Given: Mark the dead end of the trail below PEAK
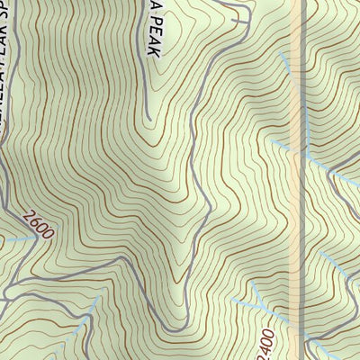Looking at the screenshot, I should [147, 116].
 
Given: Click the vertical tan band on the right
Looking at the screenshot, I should [301, 180].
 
